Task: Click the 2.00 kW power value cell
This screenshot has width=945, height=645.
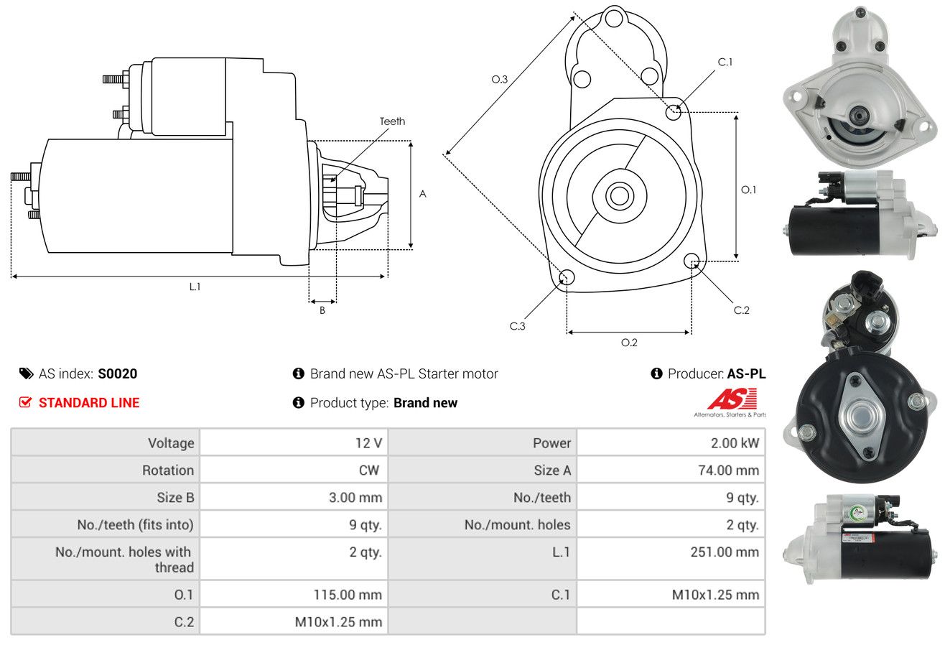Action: pos(735,443)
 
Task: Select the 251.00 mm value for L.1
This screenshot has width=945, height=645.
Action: pos(725,552)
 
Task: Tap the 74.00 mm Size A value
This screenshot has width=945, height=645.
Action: pos(728,470)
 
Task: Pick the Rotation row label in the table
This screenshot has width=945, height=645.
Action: pos(168,470)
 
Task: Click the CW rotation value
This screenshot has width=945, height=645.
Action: pos(368,470)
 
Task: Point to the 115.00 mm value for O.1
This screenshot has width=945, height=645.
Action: pos(348,595)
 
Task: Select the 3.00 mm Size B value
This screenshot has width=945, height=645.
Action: pos(355,497)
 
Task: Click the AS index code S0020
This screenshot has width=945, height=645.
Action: pos(117,373)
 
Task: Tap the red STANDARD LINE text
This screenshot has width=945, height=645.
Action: pos(89,403)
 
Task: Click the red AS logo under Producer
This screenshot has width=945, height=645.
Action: pos(732,399)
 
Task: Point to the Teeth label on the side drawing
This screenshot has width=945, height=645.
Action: pos(392,121)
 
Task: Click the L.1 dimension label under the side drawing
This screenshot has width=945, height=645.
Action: pos(195,287)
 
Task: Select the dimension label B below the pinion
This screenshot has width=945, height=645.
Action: pos(322,310)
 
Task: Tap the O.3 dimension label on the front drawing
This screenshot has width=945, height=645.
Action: pos(500,79)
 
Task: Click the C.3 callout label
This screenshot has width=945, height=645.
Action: pos(517,326)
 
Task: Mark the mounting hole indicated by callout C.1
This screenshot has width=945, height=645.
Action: pos(673,112)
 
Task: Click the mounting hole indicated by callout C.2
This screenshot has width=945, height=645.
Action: pos(692,261)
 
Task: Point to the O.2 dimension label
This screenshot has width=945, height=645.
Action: pos(629,343)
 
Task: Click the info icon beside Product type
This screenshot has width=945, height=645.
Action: pos(298,403)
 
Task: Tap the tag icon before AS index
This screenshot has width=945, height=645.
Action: pos(26,373)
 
